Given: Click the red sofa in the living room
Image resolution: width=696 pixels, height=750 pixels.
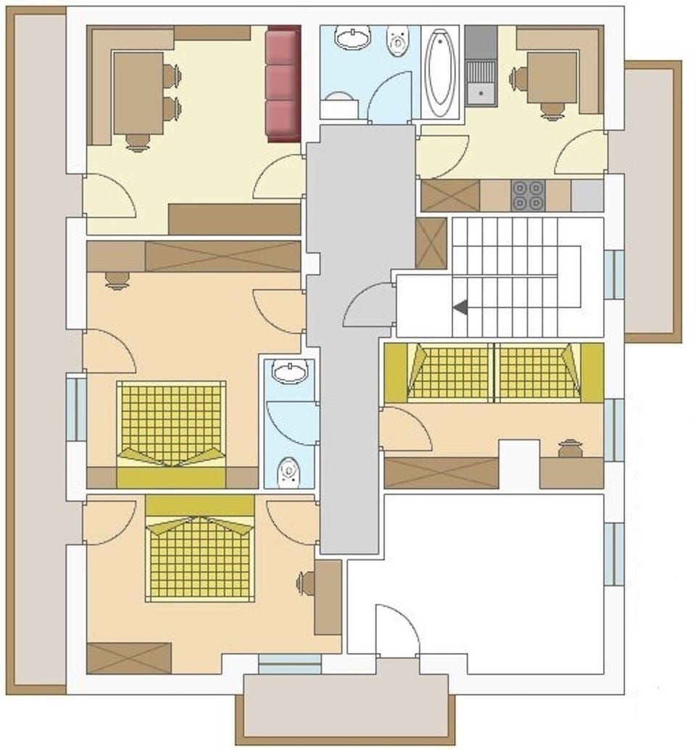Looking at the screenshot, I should point(283,84).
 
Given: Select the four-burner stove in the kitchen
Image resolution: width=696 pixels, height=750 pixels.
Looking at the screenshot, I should point(527,194).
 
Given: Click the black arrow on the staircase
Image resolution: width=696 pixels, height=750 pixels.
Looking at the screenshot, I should point(460,308).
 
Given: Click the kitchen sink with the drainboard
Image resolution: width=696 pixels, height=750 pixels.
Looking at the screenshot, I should point(478,79).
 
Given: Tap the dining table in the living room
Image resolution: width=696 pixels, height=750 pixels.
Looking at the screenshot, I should point(138,93).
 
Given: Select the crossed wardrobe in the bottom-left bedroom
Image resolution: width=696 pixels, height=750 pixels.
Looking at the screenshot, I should point(129,658).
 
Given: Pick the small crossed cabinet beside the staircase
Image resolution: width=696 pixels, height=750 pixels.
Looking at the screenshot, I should point(431,243).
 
